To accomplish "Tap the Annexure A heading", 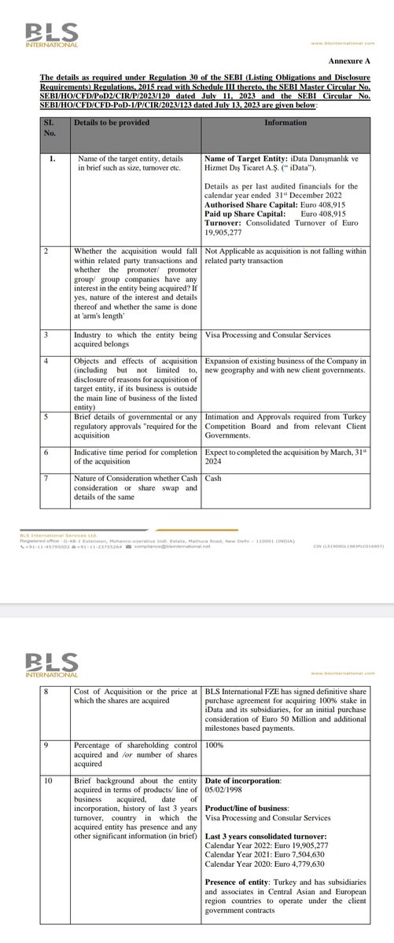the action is (x=347, y=59).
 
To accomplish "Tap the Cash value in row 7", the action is (x=213, y=477).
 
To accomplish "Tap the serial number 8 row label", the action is (x=48, y=690).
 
